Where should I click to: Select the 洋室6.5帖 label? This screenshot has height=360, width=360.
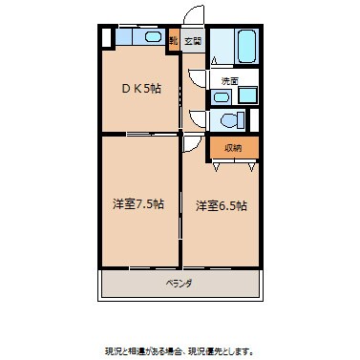[222, 205]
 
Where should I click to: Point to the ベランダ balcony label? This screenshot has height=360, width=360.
[179, 284]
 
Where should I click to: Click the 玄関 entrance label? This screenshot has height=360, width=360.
[193, 41]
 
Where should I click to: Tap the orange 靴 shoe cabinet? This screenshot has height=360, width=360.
[174, 41]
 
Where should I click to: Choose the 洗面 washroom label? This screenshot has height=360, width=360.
[228, 80]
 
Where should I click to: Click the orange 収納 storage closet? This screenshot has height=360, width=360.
[233, 147]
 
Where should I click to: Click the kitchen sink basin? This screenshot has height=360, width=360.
[150, 37]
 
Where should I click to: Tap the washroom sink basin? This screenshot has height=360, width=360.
[246, 94]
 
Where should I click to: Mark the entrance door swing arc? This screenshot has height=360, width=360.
[194, 17]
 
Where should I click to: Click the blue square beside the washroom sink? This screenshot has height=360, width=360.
[222, 95]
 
